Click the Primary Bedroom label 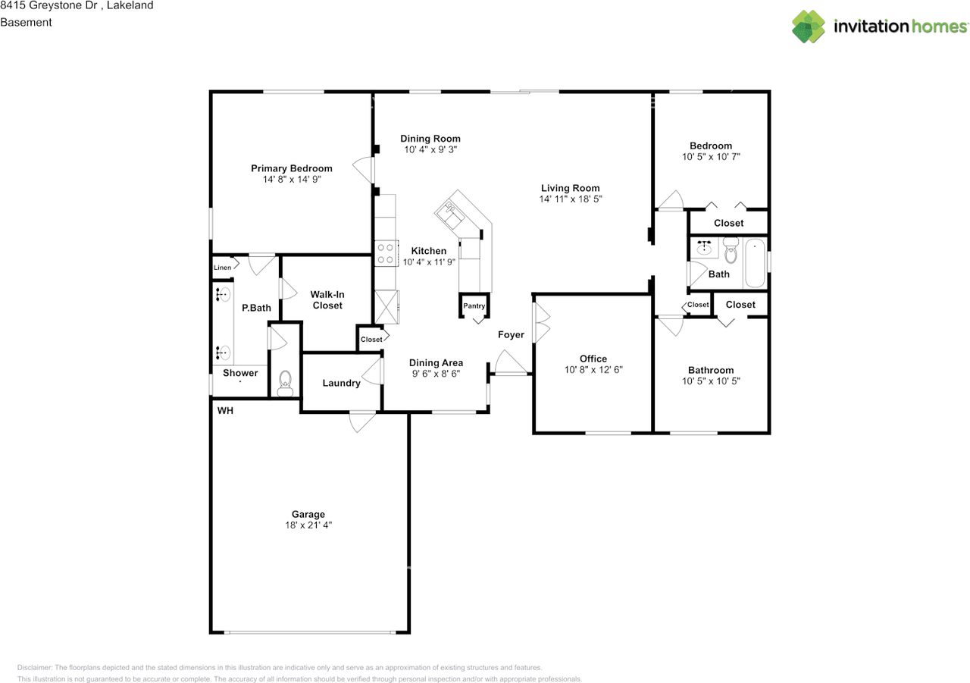pos(292,168)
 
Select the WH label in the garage pos(225,411)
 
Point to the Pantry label pos(474,305)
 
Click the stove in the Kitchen pos(386,252)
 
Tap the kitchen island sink pos(452,213)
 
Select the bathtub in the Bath pos(755,263)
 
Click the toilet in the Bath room pos(731,250)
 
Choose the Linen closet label pos(222,268)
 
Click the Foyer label pos(511,334)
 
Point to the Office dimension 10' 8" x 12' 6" pos(593,370)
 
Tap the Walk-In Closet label pos(327,299)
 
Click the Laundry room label pos(341,383)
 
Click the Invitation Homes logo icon pos(809,27)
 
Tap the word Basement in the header pos(26,22)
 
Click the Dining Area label pos(436,362)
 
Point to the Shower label pos(240,373)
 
